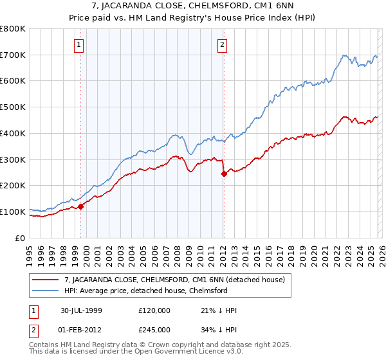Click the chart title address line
pyautogui.click(x=192, y=6)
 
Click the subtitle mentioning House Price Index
pyautogui.click(x=192, y=17)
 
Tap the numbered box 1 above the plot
pyautogui.click(x=78, y=44)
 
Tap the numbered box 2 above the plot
pyautogui.click(x=222, y=44)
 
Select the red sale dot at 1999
pyautogui.click(x=81, y=206)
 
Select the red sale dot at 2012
pyautogui.click(x=224, y=174)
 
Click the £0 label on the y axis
pyautogui.click(x=19, y=238)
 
